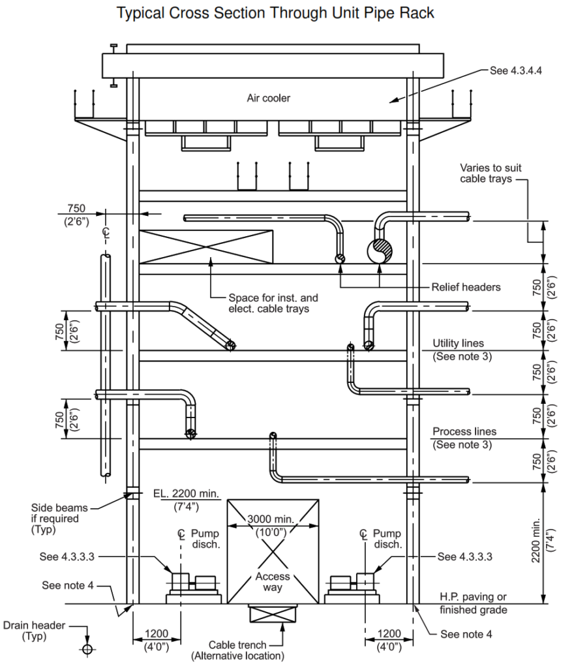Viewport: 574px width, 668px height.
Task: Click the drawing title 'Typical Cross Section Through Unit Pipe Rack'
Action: [275, 14]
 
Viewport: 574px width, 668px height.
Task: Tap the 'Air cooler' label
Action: [268, 99]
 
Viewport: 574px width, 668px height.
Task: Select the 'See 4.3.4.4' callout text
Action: [516, 70]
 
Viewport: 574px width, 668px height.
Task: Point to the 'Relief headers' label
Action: [466, 287]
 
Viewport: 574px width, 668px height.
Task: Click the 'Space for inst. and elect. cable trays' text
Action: [269, 303]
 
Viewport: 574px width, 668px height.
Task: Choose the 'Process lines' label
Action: [464, 432]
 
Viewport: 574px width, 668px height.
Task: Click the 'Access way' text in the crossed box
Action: [272, 582]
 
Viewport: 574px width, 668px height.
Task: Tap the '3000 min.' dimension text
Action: [272, 519]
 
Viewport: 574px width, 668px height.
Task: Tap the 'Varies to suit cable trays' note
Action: [491, 174]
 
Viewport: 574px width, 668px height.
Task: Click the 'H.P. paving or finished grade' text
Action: [472, 603]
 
